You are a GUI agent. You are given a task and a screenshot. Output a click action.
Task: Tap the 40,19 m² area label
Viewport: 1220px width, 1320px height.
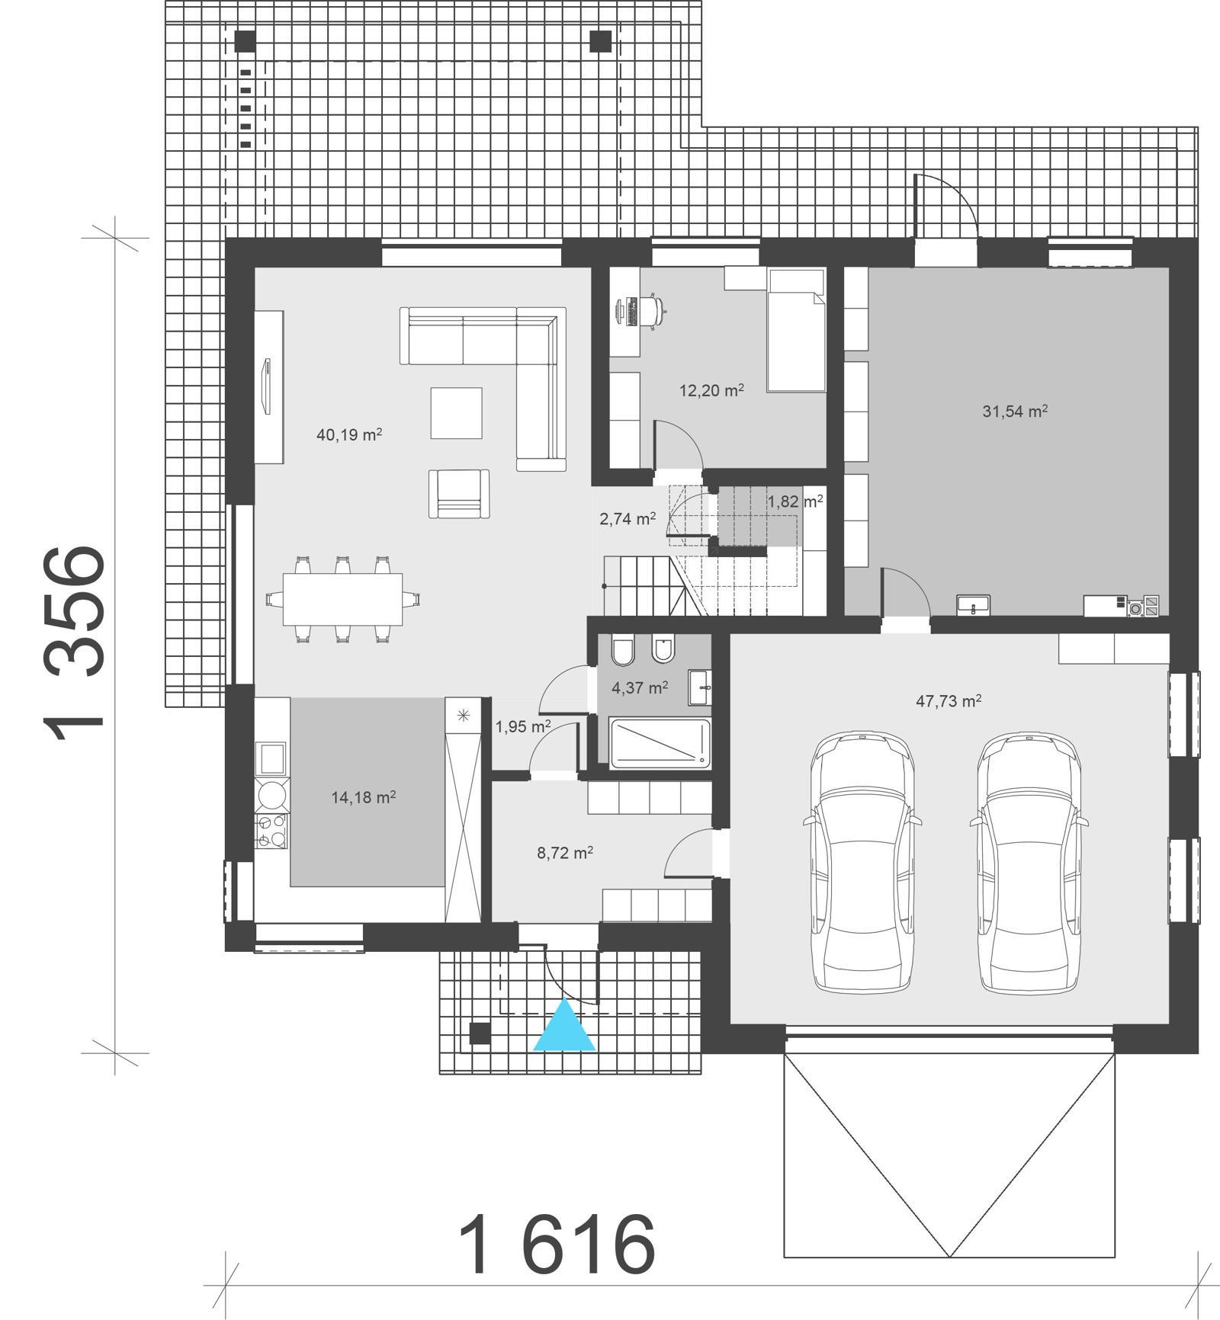(x=348, y=435)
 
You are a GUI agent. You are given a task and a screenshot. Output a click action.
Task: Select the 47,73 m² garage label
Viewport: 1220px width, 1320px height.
(x=948, y=701)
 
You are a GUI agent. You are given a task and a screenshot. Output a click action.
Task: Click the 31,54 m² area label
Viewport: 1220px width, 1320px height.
(x=1014, y=412)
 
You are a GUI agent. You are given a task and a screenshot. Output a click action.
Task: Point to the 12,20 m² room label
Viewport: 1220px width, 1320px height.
(x=711, y=391)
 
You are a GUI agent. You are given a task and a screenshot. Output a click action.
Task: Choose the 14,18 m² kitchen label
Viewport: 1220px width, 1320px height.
(x=363, y=797)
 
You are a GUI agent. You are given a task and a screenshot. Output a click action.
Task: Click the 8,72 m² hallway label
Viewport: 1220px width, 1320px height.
(x=565, y=853)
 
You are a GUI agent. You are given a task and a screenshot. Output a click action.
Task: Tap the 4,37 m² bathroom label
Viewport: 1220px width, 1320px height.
(x=640, y=687)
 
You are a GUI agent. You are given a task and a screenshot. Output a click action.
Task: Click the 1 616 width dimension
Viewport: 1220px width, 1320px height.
(x=557, y=1244)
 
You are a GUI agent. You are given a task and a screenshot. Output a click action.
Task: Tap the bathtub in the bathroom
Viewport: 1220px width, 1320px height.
(x=660, y=742)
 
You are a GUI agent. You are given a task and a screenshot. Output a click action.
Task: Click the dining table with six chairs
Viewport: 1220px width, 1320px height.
(x=342, y=599)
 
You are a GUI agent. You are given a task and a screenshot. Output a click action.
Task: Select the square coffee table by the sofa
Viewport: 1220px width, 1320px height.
(x=456, y=413)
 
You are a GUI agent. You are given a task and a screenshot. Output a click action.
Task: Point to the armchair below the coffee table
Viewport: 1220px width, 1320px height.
(x=458, y=494)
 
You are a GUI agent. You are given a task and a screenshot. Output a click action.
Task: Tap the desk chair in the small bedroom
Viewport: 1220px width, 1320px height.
(x=653, y=309)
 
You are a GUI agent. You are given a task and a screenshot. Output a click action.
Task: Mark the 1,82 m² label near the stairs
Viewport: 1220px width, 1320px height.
(x=795, y=501)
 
